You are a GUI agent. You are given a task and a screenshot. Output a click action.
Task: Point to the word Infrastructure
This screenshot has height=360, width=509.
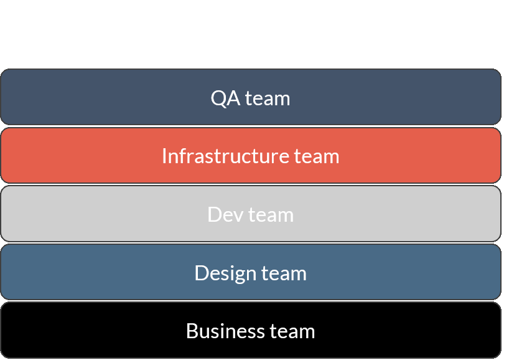coord(224,156)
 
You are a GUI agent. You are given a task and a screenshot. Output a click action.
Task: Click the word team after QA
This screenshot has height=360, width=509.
coord(268,98)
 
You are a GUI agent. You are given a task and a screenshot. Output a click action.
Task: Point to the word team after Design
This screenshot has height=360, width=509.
coord(284,273)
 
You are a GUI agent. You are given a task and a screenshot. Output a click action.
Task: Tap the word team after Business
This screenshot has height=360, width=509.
coord(292,331)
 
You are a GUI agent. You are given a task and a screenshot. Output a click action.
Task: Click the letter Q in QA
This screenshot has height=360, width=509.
coord(218,98)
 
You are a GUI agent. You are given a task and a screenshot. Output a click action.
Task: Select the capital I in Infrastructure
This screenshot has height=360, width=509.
coord(164,156)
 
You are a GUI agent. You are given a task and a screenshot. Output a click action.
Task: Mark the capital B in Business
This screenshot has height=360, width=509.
coord(192,331)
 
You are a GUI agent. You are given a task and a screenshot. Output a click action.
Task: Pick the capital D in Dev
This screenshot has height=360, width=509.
coord(213,214)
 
